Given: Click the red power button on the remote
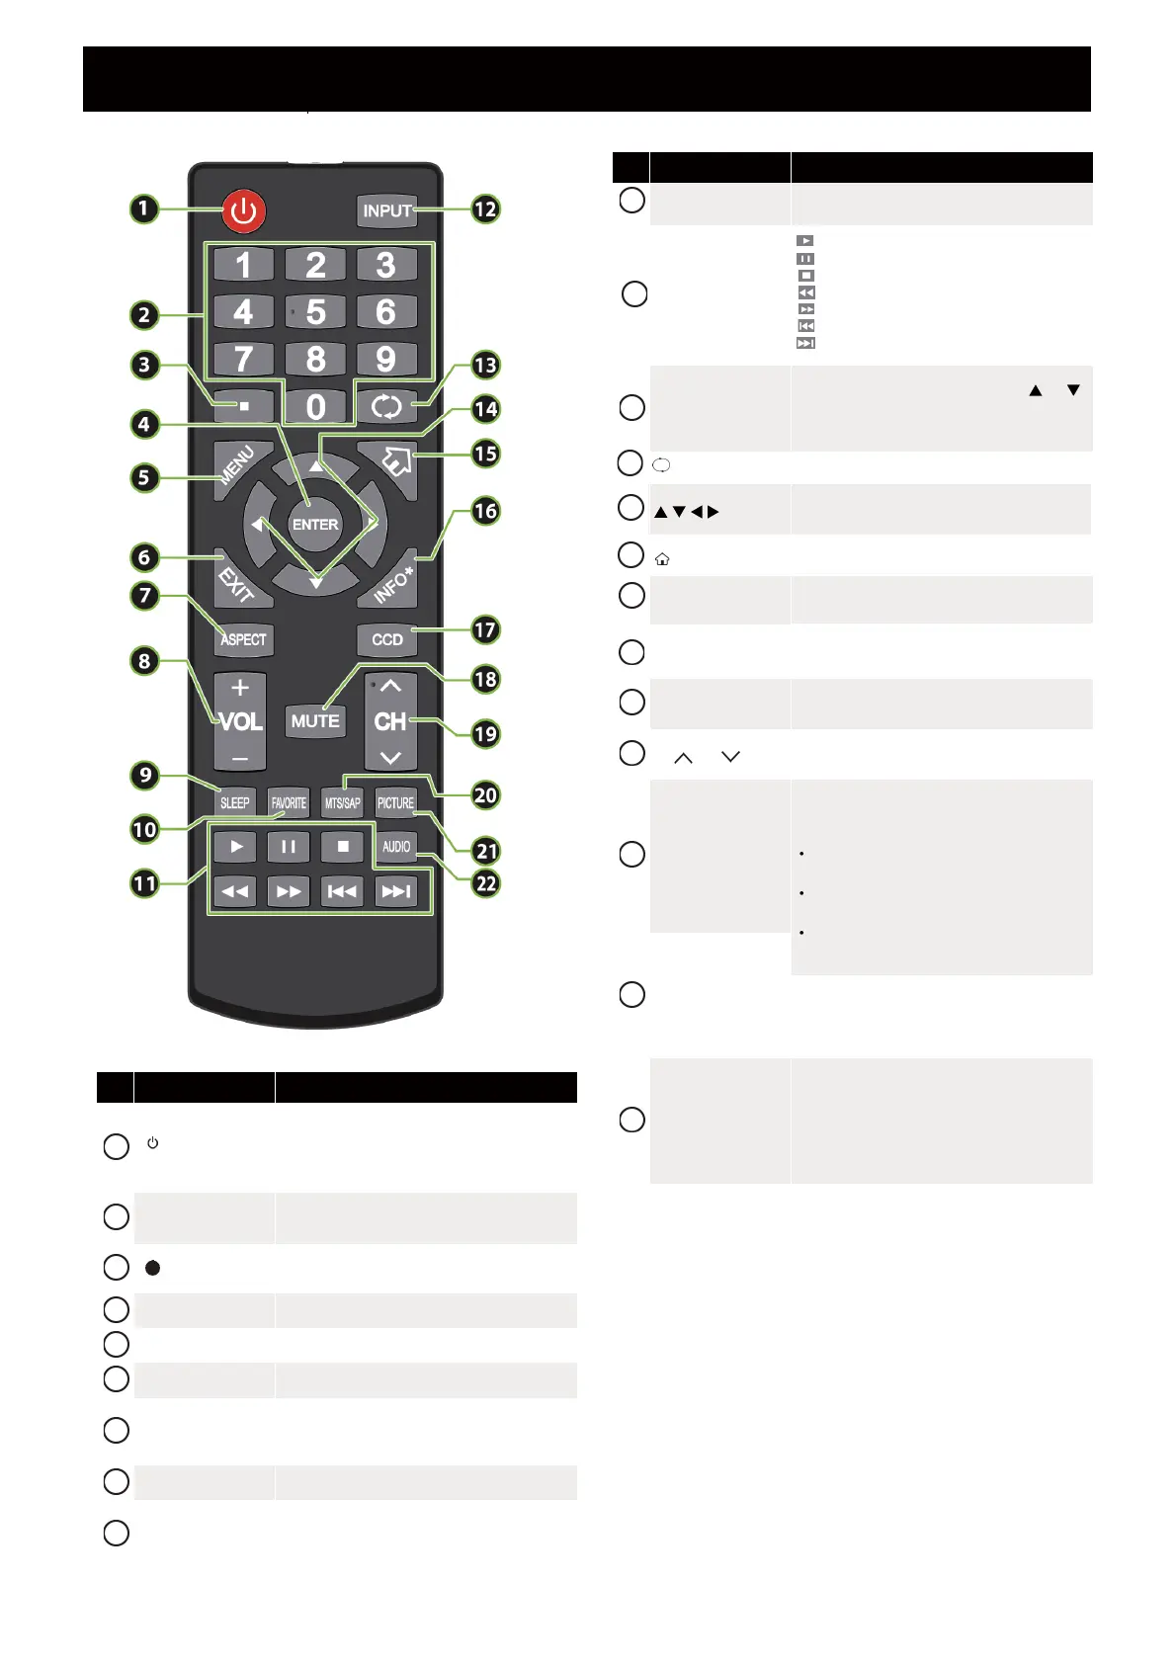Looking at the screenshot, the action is click(x=243, y=211).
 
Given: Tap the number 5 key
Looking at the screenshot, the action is click(x=315, y=312).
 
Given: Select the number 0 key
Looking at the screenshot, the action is click(x=315, y=407).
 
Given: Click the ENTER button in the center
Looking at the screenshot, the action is click(x=315, y=525).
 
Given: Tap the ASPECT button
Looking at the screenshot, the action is click(x=243, y=639).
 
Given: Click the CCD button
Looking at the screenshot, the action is click(x=387, y=639).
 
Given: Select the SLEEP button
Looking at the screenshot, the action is click(x=235, y=802).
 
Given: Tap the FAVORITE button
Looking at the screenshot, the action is click(x=289, y=802).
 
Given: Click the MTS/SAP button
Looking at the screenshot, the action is click(x=342, y=802).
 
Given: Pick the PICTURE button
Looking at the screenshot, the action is click(x=395, y=802).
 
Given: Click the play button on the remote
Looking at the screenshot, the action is click(x=236, y=847).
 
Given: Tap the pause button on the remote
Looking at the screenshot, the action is click(x=289, y=847).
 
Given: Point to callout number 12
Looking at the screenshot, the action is click(x=485, y=209).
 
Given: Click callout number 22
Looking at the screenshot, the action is click(x=486, y=883).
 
